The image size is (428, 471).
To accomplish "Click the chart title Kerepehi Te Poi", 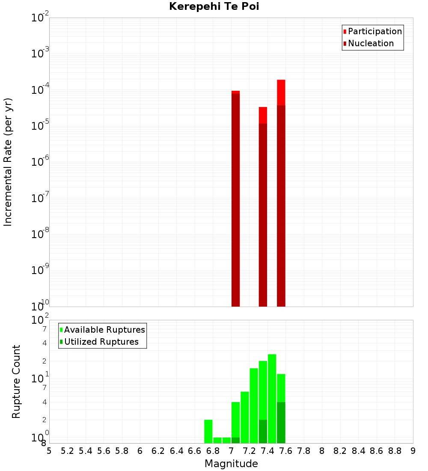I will coord(214,6).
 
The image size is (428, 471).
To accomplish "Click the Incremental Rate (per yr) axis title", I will coord(8,162).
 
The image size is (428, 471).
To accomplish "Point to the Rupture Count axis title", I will coord(16,382).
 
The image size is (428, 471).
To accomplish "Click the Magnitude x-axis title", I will coord(231,464).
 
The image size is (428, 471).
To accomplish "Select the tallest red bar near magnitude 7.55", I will coord(281,193).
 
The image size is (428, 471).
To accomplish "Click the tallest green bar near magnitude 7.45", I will coord(272,399).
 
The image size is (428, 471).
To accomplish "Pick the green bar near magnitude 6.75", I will coord(208,431).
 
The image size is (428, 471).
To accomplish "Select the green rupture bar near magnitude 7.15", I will coord(245,417).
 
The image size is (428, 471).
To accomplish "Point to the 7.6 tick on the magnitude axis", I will coord(285,451).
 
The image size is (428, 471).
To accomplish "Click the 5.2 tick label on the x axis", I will coord(67,451).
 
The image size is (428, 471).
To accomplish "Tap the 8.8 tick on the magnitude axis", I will coord(395,451).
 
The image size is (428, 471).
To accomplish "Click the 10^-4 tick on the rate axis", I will coord(40,90).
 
